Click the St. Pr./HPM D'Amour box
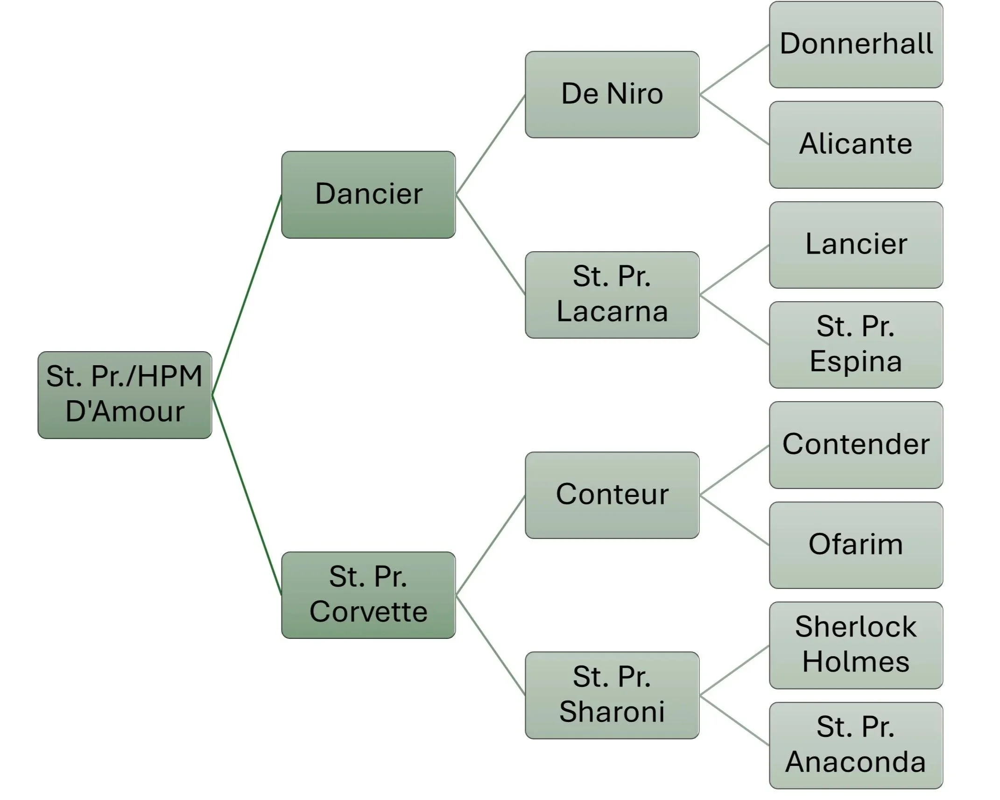125,395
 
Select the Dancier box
368,194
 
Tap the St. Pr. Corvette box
368,595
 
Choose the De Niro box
612,94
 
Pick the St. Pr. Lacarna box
612,295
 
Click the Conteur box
612,495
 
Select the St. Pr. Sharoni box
612,695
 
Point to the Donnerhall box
856,44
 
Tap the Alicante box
856,144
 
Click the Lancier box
856,245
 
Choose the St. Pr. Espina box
856,345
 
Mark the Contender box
856,445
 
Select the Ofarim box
856,545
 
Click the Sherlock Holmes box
856,645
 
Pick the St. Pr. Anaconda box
856,745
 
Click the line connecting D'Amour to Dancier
246,295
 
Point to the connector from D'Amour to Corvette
246,495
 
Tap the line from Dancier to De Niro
490,145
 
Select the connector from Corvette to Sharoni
490,645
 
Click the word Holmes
856,662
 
